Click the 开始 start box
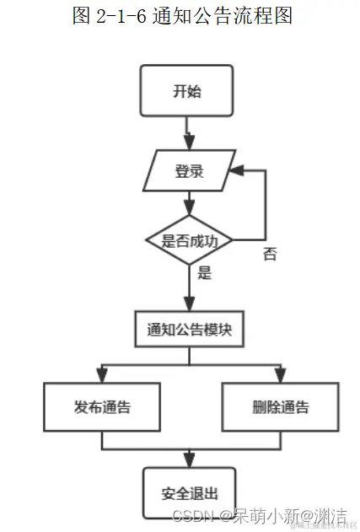186,91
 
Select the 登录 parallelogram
188,171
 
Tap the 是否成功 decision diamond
188,241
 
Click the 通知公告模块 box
189,330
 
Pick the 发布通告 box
101,407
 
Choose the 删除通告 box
280,407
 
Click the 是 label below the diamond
203,273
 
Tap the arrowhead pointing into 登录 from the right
239,171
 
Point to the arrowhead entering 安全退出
188,460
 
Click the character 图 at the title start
82,15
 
